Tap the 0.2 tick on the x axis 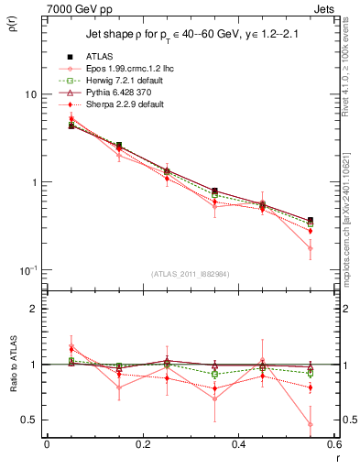click(143, 444)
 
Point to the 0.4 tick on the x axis click(238, 444)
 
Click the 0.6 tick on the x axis click(333, 444)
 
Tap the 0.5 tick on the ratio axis click(30, 420)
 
